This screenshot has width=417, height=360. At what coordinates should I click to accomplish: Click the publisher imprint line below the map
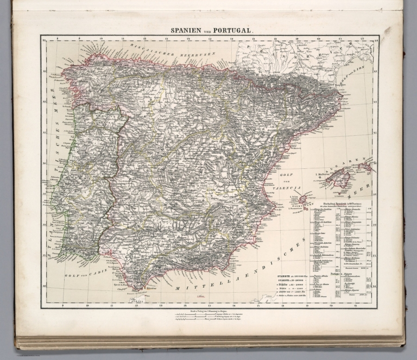(x=208, y=310)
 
